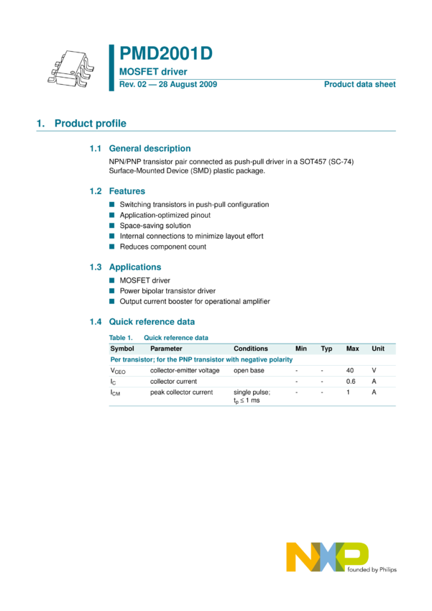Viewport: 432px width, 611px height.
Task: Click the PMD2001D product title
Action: pyautogui.click(x=165, y=55)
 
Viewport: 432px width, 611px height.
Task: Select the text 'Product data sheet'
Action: pyautogui.click(x=359, y=85)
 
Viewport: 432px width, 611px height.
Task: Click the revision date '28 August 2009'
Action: pyautogui.click(x=185, y=85)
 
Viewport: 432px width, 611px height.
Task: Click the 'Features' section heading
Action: pyautogui.click(x=127, y=191)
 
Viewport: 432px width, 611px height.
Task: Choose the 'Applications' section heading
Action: pyautogui.click(x=134, y=267)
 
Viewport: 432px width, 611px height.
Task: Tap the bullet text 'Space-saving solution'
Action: pyautogui.click(x=155, y=226)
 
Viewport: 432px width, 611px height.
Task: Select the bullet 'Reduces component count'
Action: pyautogui.click(x=162, y=247)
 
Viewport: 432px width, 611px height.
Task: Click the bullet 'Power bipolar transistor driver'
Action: pyautogui.click(x=167, y=291)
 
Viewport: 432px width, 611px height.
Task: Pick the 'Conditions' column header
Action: pyautogui.click(x=250, y=349)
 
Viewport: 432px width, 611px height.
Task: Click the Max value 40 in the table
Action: pyautogui.click(x=350, y=370)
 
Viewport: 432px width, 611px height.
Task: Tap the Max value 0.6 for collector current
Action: pyautogui.click(x=351, y=381)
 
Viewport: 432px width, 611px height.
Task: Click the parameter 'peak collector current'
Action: pyautogui.click(x=181, y=392)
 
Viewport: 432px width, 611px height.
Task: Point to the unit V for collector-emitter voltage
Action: pyautogui.click(x=374, y=370)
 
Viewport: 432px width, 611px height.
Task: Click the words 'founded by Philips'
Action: pyautogui.click(x=371, y=569)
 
